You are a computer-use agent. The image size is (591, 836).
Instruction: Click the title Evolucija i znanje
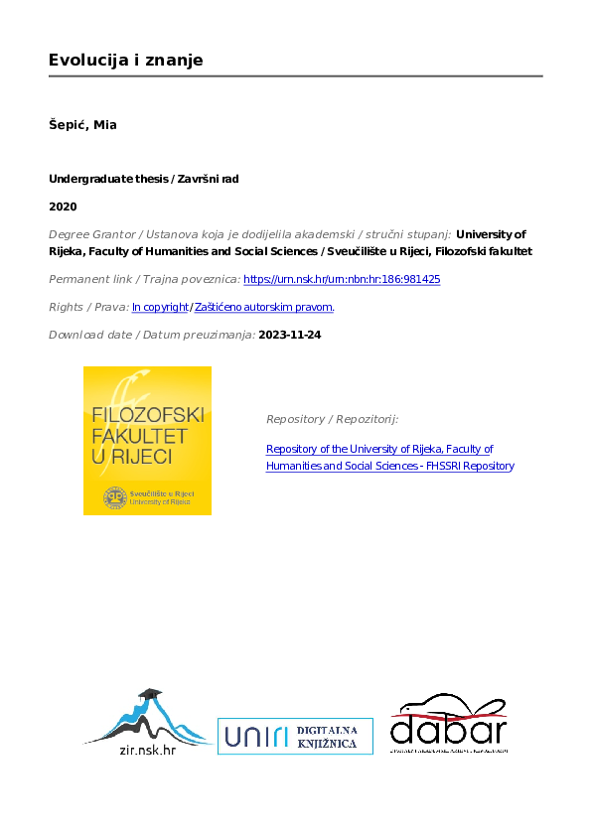126,61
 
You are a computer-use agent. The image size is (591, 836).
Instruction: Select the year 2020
63,207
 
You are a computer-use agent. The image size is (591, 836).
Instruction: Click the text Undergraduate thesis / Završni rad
144,179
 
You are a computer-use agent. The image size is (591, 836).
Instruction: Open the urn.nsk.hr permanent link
342,280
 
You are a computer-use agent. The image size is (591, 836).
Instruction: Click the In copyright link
160,307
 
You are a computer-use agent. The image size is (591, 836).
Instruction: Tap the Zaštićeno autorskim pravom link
264,307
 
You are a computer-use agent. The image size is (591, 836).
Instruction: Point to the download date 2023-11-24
289,335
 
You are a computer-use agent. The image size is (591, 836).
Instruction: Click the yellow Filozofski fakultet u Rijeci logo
147,440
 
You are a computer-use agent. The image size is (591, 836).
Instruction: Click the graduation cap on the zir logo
150,694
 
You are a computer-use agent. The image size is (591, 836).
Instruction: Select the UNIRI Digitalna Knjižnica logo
295,736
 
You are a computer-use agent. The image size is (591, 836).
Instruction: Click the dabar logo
449,724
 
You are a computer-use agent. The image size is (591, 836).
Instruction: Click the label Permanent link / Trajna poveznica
144,280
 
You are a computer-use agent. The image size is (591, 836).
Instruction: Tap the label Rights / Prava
88,307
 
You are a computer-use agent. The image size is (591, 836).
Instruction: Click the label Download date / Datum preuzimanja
151,335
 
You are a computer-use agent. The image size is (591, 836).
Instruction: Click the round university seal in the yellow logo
116,495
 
